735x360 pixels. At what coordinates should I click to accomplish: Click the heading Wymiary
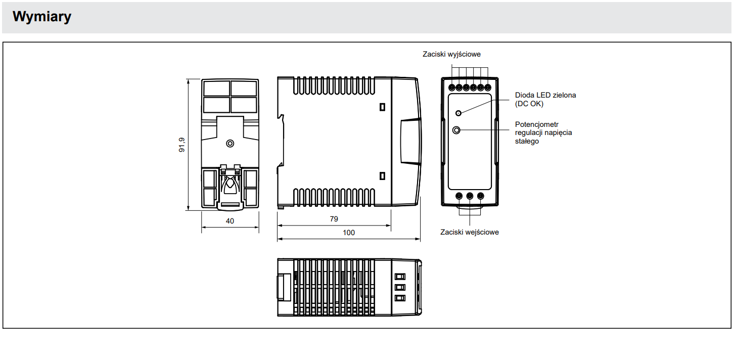[41, 16]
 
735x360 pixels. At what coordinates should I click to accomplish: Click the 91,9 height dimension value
[182, 145]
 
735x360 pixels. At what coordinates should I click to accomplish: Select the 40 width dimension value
[229, 221]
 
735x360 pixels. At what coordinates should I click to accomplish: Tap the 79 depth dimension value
[334, 219]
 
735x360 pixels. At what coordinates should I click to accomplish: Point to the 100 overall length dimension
[348, 233]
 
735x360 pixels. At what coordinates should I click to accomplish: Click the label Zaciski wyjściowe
[451, 54]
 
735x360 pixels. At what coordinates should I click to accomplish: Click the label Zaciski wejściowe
[469, 232]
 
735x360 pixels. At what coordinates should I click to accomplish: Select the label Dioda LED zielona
[545, 95]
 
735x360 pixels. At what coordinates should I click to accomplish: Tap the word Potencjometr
[536, 124]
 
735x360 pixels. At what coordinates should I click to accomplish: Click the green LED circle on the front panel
[458, 113]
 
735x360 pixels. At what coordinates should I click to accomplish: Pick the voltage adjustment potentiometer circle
[456, 130]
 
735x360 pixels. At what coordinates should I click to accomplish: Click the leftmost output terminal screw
[452, 87]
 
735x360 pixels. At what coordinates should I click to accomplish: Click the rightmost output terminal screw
[488, 87]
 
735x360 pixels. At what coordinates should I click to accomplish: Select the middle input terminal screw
[470, 196]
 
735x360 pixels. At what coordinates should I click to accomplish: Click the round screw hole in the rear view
[230, 144]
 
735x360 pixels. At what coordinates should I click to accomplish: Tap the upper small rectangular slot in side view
[382, 107]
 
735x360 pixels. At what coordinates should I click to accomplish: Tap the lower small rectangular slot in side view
[382, 176]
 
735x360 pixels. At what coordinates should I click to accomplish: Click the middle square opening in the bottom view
[400, 287]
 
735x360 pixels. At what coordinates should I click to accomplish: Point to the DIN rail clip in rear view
[230, 188]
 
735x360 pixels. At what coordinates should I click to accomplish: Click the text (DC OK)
[529, 104]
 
